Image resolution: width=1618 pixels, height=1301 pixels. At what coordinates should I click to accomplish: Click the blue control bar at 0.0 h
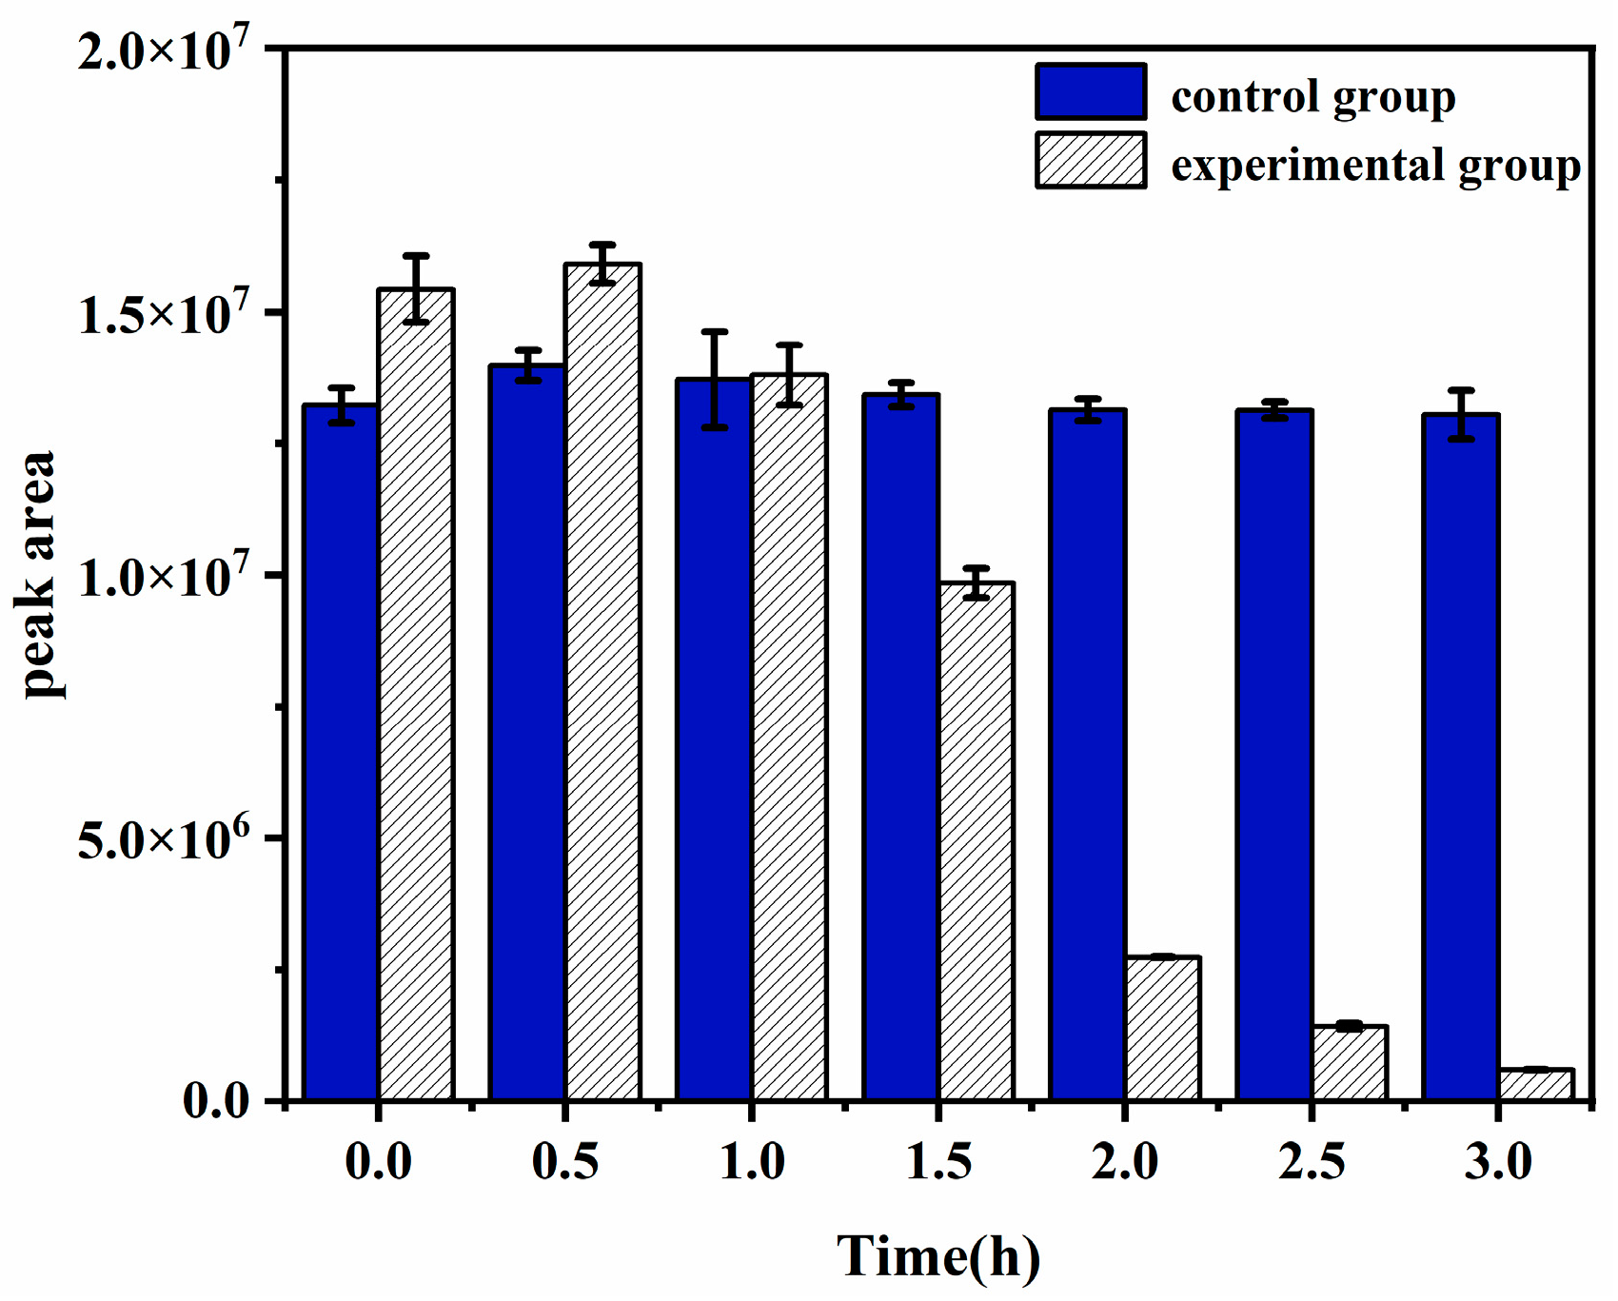pyautogui.click(x=341, y=752)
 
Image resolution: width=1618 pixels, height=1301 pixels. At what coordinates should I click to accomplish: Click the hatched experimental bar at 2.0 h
pyautogui.click(x=1162, y=1028)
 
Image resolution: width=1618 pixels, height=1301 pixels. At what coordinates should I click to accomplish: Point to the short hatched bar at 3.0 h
pyautogui.click(x=1535, y=1084)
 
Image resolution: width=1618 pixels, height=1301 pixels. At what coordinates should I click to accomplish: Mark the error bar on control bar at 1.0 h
pyautogui.click(x=715, y=380)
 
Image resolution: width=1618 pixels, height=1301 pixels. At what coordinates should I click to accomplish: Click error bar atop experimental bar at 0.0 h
pyautogui.click(x=416, y=288)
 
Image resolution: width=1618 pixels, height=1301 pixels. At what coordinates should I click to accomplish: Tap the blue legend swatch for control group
pyautogui.click(x=1091, y=92)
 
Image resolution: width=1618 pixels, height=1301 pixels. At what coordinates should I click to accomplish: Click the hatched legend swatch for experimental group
pyautogui.click(x=1091, y=161)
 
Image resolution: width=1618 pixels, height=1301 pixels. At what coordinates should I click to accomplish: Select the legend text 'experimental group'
pyautogui.click(x=1375, y=166)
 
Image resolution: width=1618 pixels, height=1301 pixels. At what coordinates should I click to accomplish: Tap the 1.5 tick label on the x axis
pyautogui.click(x=938, y=1163)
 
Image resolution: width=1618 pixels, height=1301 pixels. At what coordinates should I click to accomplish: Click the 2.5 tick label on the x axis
pyautogui.click(x=1312, y=1163)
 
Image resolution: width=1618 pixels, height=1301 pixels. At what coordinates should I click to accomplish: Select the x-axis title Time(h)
pyautogui.click(x=938, y=1256)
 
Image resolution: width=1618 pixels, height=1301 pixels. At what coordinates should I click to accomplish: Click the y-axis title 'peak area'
pyautogui.click(x=38, y=575)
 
